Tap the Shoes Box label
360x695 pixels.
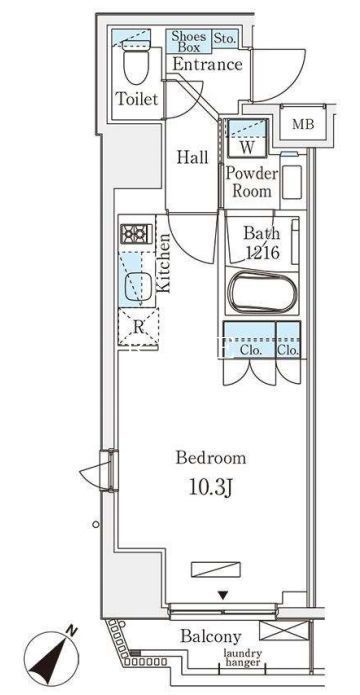tap(189, 41)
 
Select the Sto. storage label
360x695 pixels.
tap(225, 38)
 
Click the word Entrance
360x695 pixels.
tap(207, 65)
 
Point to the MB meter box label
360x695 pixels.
tap(303, 125)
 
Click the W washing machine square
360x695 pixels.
tap(247, 138)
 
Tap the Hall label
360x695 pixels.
tap(192, 157)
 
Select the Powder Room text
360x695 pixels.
tap(252, 182)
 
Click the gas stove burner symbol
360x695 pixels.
tap(136, 234)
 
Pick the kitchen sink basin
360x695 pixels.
tap(137, 286)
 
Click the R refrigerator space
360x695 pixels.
tap(138, 328)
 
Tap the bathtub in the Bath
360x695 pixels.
tap(262, 293)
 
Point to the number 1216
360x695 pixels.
tap(262, 253)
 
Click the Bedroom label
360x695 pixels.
tap(211, 457)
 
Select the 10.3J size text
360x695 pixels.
tap(211, 488)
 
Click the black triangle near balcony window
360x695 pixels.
tap(224, 596)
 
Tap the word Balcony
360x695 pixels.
tap(211, 637)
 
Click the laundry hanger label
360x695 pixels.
tap(243, 658)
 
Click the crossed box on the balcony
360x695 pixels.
tap(284, 630)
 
